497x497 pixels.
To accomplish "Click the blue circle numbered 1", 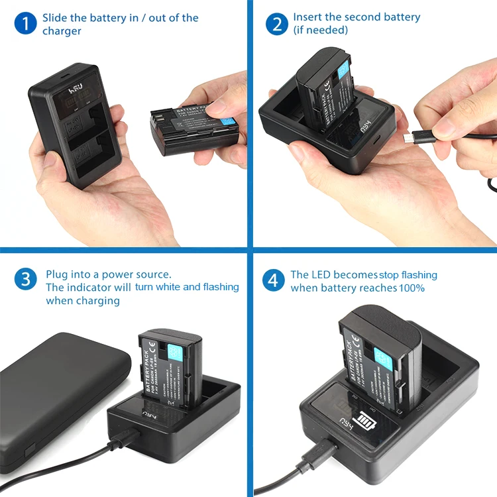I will [25, 25].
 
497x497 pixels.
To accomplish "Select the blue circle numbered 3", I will [25, 279].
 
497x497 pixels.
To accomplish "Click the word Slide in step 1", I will [55, 18].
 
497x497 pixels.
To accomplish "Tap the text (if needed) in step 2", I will [320, 30].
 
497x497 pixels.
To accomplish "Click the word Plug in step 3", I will [57, 274].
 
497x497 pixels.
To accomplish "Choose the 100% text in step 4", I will [412, 288].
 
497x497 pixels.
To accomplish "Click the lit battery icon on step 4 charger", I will [365, 420].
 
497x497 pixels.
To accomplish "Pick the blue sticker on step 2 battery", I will [343, 69].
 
